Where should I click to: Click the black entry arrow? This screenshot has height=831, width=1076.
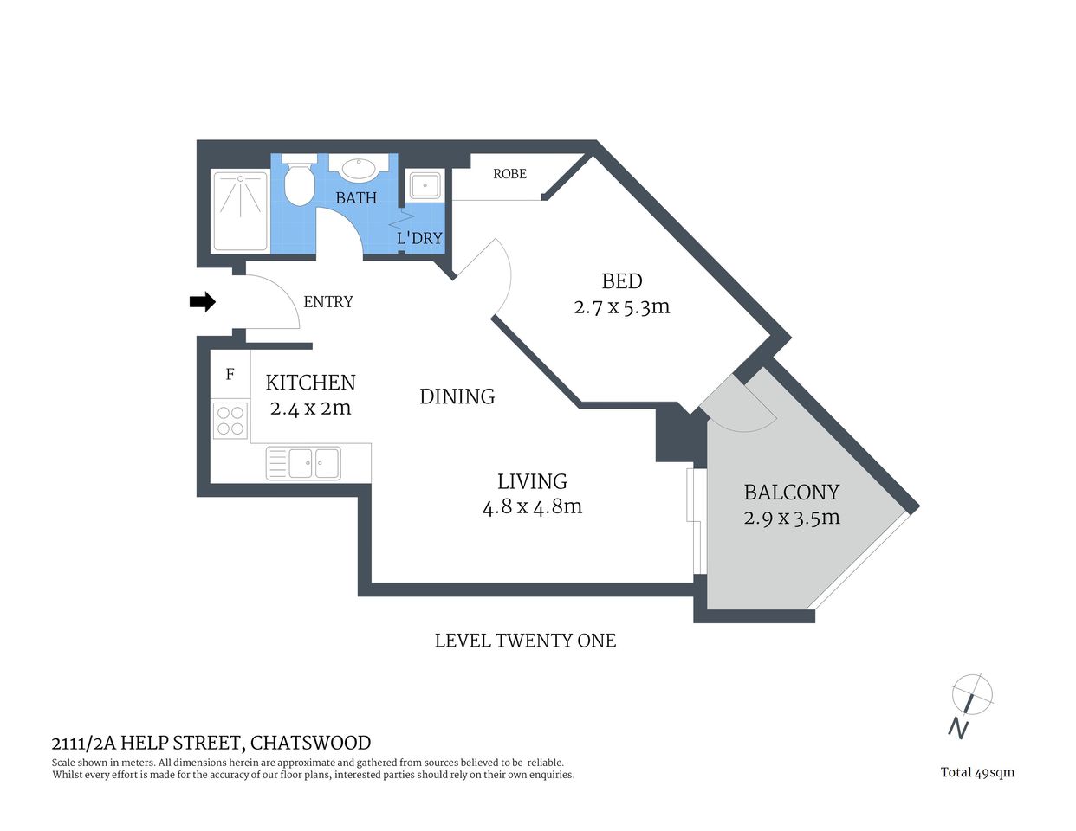pos(202,302)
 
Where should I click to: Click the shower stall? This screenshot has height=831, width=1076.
pos(240,210)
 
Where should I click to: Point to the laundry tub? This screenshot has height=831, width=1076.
pos(425,185)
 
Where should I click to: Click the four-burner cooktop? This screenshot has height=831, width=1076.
pos(230,421)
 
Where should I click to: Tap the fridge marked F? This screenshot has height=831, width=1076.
pos(230,375)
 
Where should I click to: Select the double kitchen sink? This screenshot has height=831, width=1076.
pos(304,462)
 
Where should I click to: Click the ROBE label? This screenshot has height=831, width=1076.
pos(509,174)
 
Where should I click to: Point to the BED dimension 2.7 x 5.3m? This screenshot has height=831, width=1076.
pos(622,307)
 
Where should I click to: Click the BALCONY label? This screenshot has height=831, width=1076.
pos(792,493)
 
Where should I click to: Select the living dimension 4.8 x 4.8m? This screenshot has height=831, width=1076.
pos(532,507)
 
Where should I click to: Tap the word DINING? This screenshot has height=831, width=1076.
pos(457,396)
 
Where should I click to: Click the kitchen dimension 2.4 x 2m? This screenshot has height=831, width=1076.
pos(310,409)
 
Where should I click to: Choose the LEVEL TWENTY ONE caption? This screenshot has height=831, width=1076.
pos(525,641)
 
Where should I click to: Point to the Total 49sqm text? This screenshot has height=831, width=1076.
pos(977,772)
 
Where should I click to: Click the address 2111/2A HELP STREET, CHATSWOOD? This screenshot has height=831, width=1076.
pos(211,743)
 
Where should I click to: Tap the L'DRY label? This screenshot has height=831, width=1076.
pos(419,238)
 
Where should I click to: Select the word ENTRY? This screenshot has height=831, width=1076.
pos(328,302)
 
